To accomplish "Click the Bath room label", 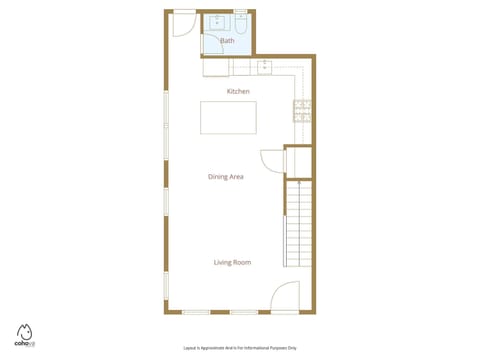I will pos(227,41).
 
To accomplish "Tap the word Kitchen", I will pos(238,91).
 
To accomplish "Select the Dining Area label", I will pos(226,177).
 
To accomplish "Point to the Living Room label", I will pos(232,263).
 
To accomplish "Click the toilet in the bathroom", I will pos(240,21).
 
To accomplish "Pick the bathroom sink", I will pos(219,21).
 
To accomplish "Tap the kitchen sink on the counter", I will pos(265,67).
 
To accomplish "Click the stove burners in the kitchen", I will pos(301,111).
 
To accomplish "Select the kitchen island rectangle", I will pos(228,117).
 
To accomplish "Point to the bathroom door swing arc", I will pos(211,46).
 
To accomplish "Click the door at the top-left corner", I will pos(183,23).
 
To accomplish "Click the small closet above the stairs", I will pos(298,160).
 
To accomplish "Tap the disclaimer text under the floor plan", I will pos(239,347).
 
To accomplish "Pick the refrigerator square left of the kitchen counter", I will pos(217,66).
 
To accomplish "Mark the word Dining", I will pos(218,177).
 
